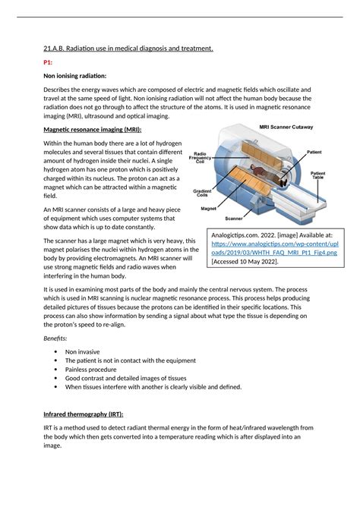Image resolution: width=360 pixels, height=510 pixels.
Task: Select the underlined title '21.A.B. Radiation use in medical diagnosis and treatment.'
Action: point(128,49)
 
